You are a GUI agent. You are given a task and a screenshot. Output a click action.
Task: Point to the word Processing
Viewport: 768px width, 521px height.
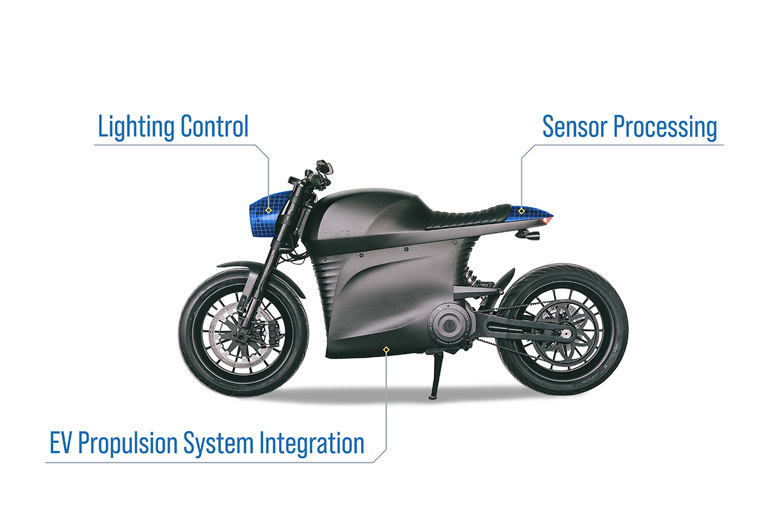(665, 127)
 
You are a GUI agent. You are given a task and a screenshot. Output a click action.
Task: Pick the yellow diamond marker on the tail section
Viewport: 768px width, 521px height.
(522, 211)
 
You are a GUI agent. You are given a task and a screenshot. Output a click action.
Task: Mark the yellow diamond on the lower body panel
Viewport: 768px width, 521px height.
(385, 349)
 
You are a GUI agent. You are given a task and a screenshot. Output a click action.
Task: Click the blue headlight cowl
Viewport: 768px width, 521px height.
(262, 218)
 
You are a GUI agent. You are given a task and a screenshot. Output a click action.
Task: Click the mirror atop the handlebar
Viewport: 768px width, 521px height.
(327, 168)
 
